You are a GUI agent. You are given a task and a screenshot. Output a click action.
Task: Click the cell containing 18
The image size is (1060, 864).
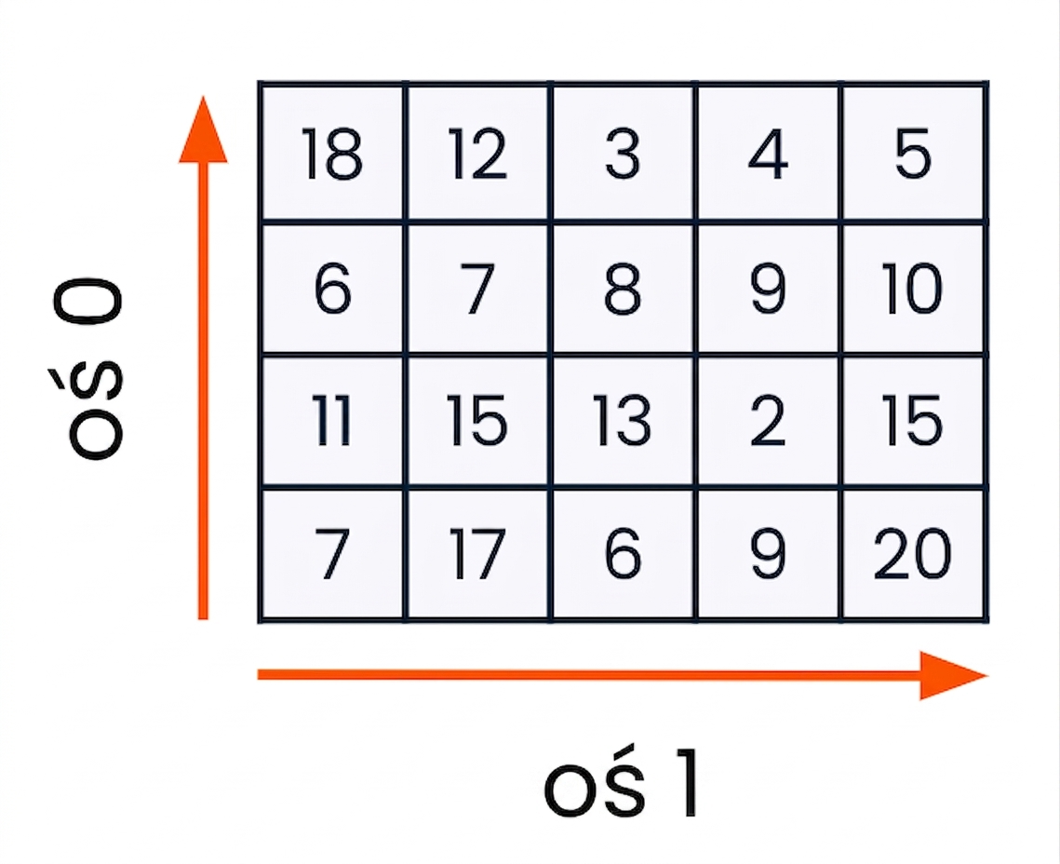click(332, 152)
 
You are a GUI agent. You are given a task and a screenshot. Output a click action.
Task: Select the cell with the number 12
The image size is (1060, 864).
click(478, 152)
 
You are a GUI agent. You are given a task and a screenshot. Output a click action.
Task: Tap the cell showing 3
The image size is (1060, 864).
click(623, 152)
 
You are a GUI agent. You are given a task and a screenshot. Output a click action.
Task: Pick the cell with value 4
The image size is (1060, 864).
click(768, 152)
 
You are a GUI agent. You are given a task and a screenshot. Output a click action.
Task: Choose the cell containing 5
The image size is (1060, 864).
click(913, 152)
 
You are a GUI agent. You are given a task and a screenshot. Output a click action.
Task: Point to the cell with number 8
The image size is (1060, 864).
click(623, 288)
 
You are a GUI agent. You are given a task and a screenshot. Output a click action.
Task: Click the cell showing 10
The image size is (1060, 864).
click(913, 288)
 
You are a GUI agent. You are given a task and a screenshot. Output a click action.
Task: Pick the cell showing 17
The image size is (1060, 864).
click(478, 554)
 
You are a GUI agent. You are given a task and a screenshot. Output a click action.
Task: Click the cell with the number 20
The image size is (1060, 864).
click(913, 554)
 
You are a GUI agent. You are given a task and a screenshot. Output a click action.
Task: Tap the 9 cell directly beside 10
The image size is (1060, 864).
click(768, 288)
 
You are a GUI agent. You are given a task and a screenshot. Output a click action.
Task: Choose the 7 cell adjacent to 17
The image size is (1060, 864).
click(332, 554)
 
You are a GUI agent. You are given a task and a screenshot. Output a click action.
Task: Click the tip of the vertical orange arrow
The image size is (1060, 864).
click(203, 96)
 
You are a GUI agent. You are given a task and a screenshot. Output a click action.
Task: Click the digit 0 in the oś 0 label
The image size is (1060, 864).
click(88, 303)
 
